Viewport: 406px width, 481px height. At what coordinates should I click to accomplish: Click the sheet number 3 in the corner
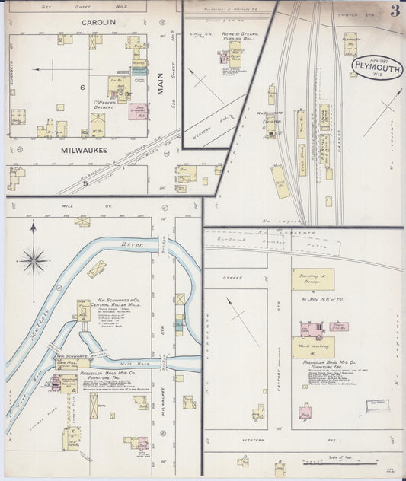coord(394,11)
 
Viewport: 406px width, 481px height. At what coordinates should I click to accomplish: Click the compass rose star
coord(34,260)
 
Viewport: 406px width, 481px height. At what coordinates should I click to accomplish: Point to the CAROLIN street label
coord(99,22)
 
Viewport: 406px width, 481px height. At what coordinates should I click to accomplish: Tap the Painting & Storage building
coord(312,279)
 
